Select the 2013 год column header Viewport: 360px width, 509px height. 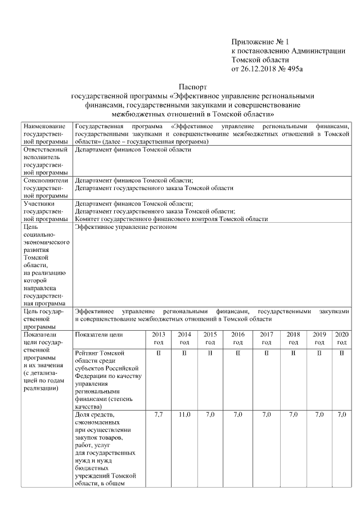click(158, 338)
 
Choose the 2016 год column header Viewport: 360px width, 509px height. click(237, 338)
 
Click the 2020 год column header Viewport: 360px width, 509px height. click(342, 338)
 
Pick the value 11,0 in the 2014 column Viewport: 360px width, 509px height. click(184, 415)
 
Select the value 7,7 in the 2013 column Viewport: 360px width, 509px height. click(158, 415)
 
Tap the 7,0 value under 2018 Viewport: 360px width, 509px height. click(293, 415)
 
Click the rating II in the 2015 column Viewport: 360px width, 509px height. click(210, 353)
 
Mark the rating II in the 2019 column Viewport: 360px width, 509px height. click(319, 353)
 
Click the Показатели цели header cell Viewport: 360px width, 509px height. click(98, 335)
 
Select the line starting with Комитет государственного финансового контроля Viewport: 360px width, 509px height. click(171, 219)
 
